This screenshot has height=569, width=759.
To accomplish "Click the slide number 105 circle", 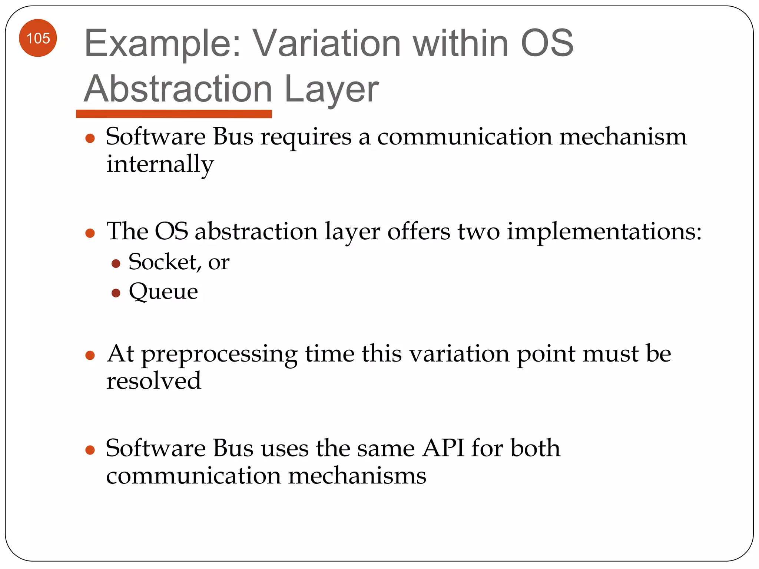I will (38, 38).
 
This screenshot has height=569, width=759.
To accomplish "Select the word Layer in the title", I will (331, 89).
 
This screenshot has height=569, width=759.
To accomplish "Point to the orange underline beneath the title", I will (174, 114).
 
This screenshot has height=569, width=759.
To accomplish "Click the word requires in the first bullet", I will (306, 137).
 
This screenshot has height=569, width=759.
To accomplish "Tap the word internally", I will (160, 164).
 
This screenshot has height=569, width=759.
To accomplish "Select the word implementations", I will (604, 232).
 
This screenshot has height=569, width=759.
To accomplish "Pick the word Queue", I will (163, 292).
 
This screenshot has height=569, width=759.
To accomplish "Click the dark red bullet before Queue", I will (116, 293).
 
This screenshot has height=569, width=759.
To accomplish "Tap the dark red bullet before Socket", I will (116, 264).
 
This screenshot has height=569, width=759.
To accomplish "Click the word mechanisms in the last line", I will (357, 476).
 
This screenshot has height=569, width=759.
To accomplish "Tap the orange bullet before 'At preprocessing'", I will (90, 356).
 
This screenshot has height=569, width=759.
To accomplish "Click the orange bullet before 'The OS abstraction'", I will (90, 233).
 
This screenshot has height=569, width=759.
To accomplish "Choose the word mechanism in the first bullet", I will (623, 137).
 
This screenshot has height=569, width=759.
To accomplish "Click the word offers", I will (419, 232).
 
